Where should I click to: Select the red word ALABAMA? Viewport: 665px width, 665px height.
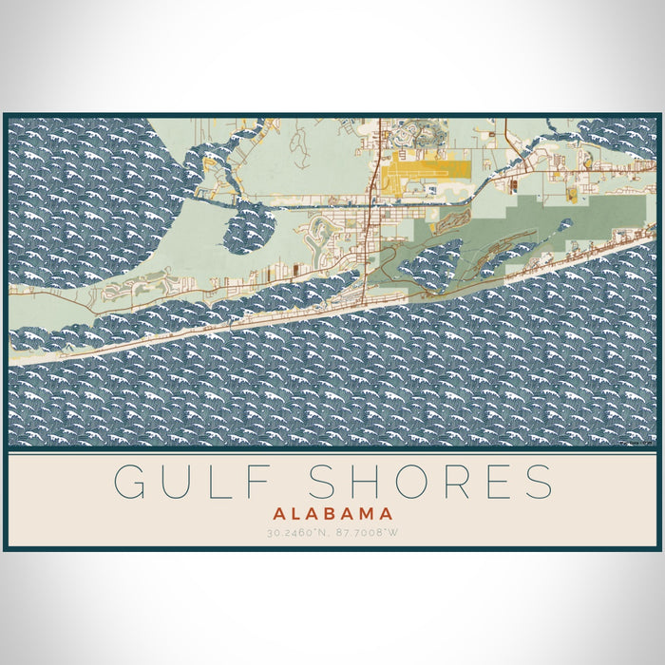pyautogui.click(x=332, y=513)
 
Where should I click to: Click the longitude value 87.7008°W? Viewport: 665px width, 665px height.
pyautogui.click(x=367, y=532)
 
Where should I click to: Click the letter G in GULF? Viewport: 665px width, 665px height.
pyautogui.click(x=129, y=482)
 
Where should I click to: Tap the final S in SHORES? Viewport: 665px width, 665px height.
pyautogui.click(x=539, y=482)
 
